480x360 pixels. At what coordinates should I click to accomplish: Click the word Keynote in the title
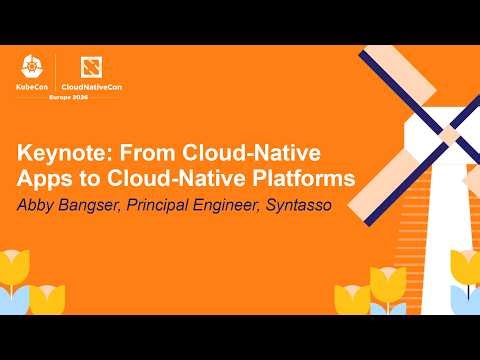[63, 156]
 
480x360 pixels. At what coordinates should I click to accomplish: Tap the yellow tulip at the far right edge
[466, 268]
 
